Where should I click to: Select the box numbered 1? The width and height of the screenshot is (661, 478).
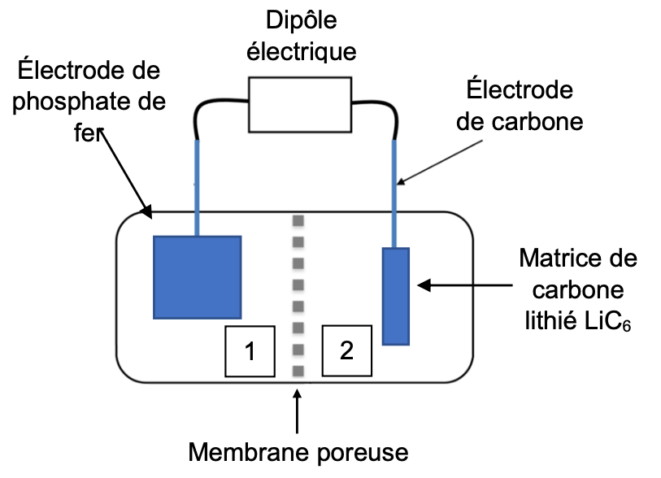[250, 351]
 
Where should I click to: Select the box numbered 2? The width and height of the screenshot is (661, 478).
[347, 351]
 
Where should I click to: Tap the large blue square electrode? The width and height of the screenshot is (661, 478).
[198, 276]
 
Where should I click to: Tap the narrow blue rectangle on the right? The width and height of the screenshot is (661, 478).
[395, 296]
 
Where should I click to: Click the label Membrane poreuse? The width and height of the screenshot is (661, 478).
[298, 451]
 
